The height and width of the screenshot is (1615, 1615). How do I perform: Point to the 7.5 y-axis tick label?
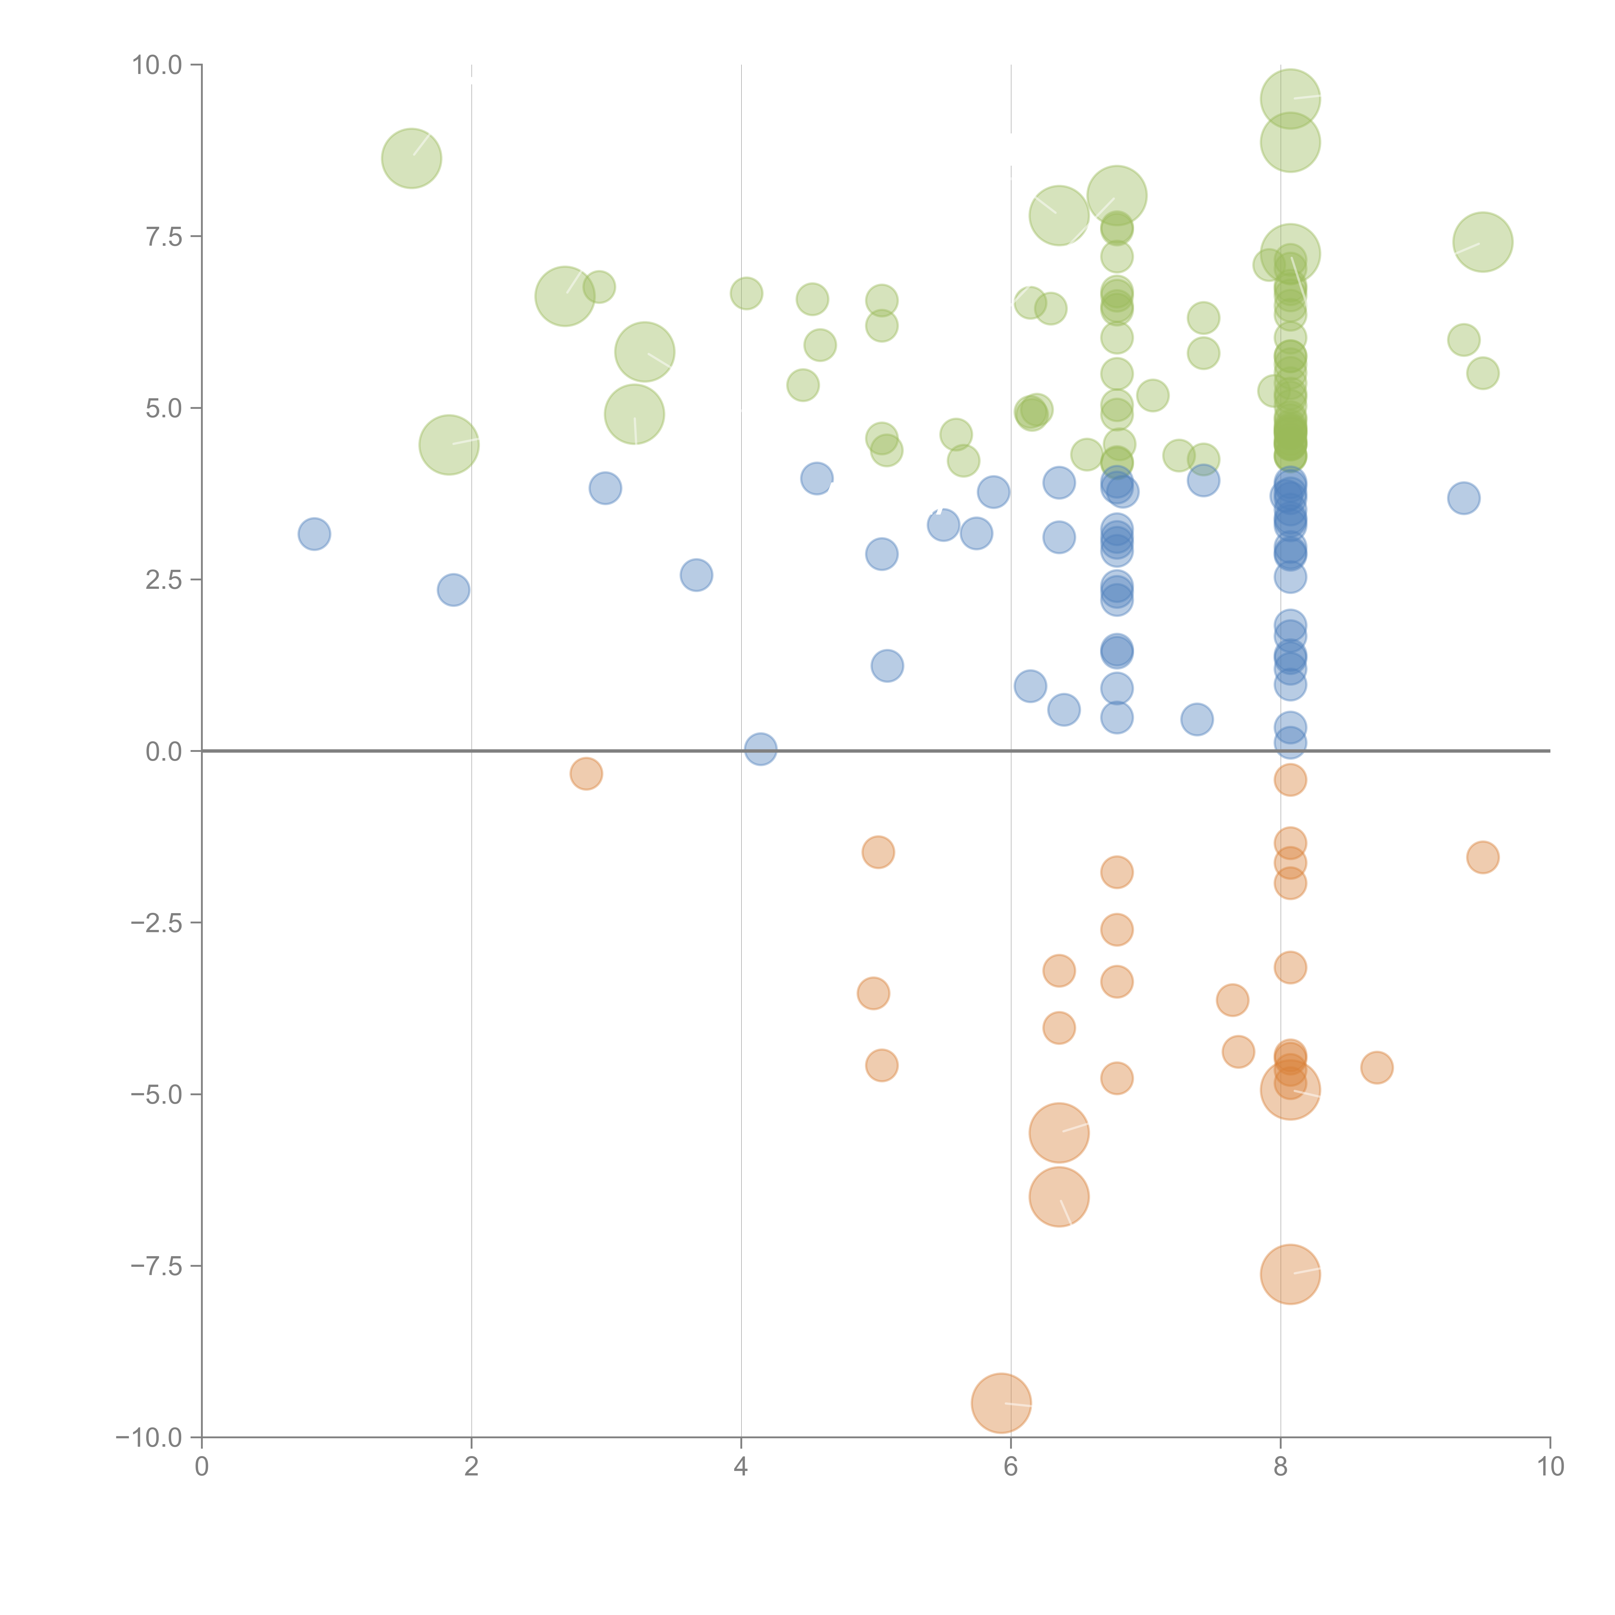tap(163, 236)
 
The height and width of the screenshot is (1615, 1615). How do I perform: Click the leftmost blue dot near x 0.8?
tap(313, 533)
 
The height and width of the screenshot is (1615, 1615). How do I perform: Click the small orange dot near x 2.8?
tap(586, 773)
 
